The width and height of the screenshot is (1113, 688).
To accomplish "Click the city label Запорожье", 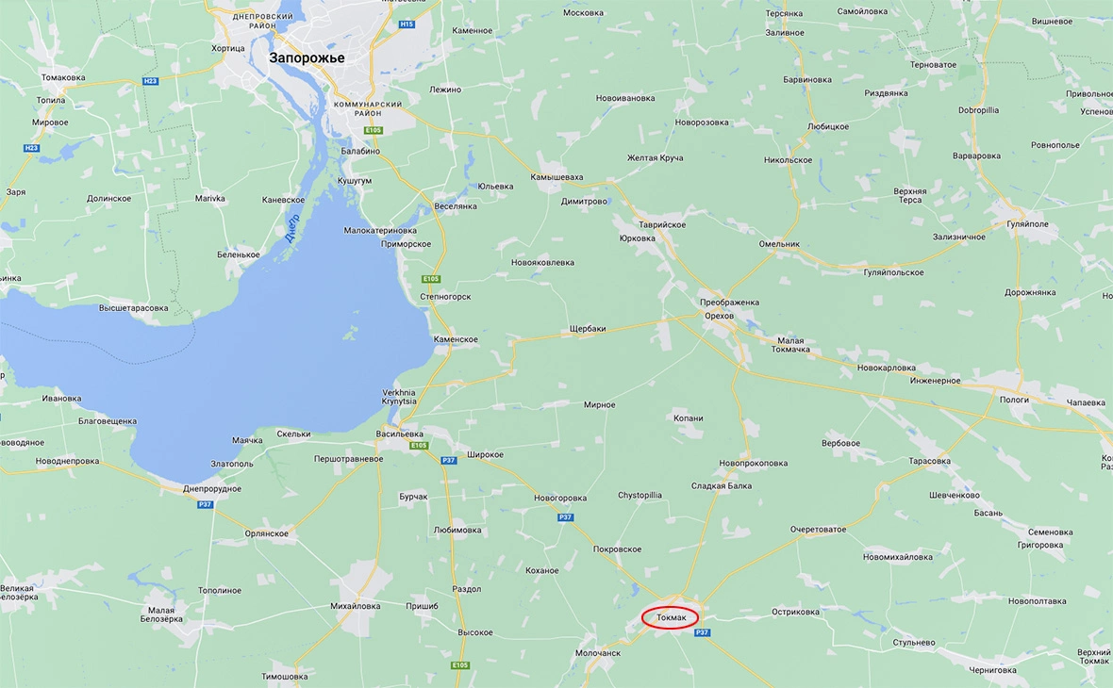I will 307,57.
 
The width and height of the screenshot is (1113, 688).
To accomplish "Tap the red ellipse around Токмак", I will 670,618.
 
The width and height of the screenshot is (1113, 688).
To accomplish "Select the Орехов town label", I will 719,316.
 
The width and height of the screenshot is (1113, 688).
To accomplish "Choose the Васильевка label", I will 399,434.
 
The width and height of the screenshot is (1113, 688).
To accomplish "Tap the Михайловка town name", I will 355,606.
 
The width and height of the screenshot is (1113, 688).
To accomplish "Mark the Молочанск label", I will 598,652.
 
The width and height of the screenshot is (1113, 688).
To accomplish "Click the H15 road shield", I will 407,24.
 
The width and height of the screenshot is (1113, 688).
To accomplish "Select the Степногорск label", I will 445,297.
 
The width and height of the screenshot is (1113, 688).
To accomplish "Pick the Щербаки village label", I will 588,329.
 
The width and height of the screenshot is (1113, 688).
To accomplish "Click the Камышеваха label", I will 556,177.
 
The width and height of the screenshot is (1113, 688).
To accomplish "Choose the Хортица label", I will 228,48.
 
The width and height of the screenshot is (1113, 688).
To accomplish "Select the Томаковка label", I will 63,77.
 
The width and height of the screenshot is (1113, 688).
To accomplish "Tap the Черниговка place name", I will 991,670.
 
